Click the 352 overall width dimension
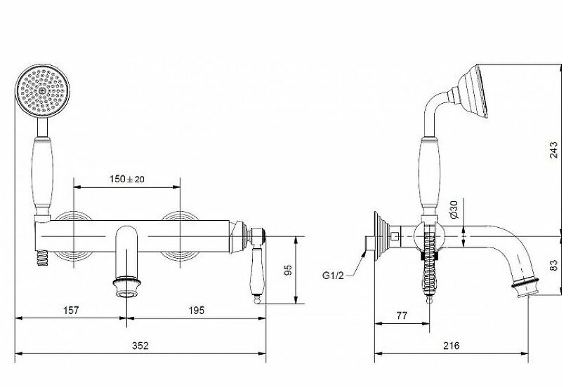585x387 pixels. click(140, 346)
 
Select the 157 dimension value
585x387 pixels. click(71, 310)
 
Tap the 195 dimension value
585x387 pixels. click(197, 310)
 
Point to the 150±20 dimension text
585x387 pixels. click(127, 179)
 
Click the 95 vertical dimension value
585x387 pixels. click(288, 270)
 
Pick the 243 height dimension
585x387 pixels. click(553, 150)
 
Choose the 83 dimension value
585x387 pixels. click(553, 265)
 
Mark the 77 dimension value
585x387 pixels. click(402, 315)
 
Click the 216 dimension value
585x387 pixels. click(452, 346)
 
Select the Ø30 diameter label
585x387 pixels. click(454, 210)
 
